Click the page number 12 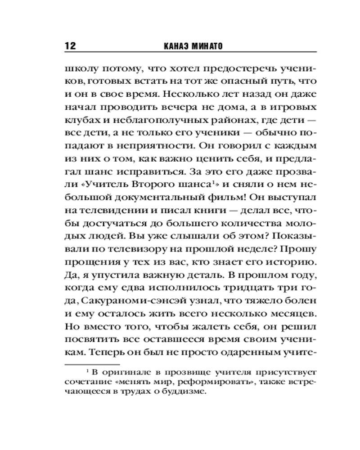point(72,46)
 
